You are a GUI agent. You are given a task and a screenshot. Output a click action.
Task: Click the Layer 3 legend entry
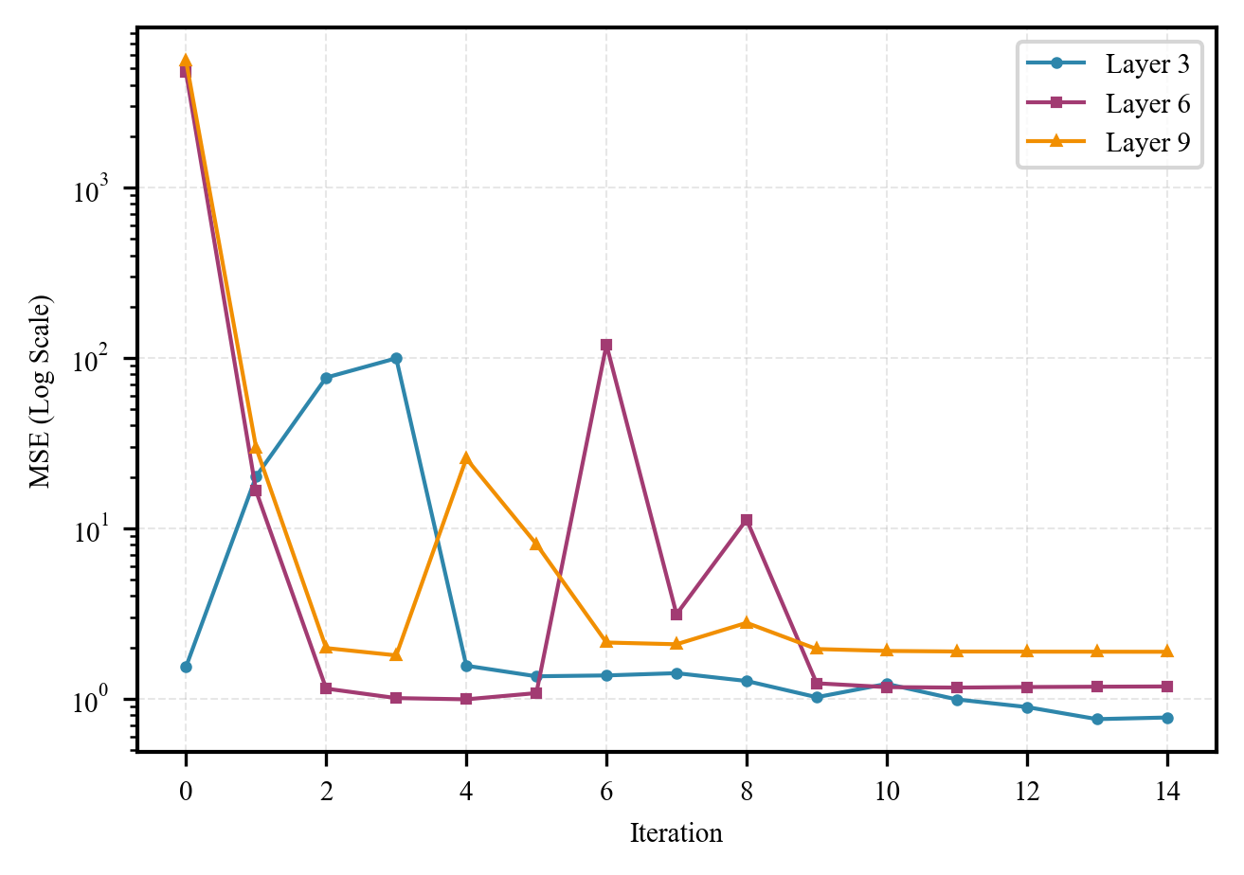coord(1146,65)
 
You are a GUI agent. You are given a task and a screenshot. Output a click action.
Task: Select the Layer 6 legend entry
coord(1146,103)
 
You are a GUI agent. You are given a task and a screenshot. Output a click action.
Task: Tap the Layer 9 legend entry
coord(1146,142)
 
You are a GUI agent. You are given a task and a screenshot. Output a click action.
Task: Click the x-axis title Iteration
coord(676,833)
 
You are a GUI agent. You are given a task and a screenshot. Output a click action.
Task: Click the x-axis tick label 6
coord(606,793)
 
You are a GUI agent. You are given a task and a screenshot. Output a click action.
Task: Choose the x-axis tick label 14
coord(1167,793)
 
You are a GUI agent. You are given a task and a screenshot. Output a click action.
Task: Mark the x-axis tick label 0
coord(186,793)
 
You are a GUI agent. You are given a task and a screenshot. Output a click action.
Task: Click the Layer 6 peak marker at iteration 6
coord(606,346)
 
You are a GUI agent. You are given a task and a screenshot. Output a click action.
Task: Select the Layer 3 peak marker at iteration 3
coord(396,359)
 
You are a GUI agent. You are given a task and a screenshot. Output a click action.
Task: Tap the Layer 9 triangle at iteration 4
coord(466,458)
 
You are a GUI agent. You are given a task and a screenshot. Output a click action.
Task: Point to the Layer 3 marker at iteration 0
coord(186,667)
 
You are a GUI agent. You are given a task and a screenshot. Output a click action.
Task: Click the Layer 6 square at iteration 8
coord(747,520)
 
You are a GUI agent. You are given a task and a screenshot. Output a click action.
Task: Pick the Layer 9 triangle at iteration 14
coord(1167,652)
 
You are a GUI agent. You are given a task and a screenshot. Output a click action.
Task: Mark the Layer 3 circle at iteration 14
coord(1167,718)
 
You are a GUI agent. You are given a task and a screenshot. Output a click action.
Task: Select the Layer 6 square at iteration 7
coord(676,615)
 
